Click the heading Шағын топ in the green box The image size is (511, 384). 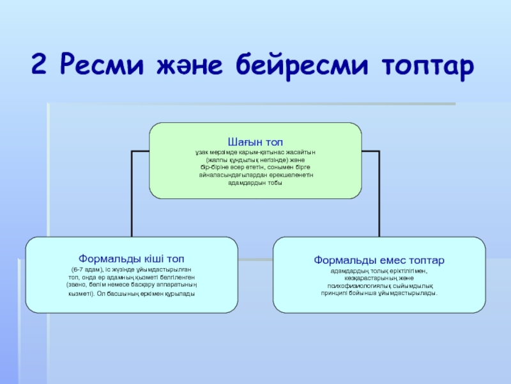point(255,141)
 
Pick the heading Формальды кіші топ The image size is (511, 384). point(131,260)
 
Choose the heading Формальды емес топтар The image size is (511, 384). point(379,260)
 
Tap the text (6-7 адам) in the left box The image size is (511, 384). point(87,271)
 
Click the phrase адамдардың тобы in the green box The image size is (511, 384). point(255,183)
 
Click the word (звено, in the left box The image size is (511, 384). point(79,285)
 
